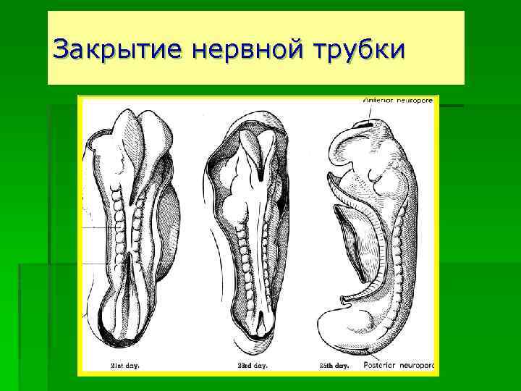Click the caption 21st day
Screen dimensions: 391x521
[124, 365]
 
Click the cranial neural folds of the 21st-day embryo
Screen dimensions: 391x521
[137, 138]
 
